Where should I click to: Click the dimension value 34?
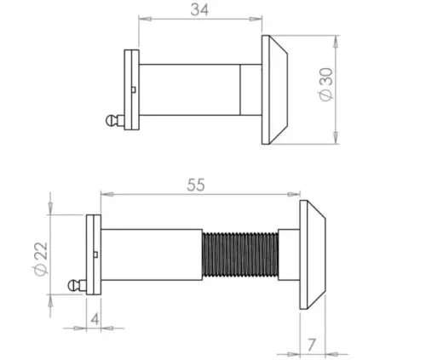tap(200, 9)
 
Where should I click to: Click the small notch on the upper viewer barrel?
tap(135, 89)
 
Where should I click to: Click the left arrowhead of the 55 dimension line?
tap(105, 194)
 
